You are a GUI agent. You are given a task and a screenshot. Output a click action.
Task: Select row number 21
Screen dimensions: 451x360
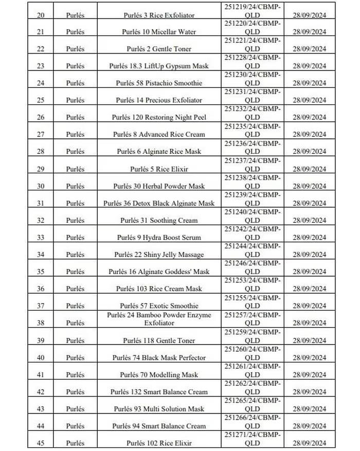[41, 32]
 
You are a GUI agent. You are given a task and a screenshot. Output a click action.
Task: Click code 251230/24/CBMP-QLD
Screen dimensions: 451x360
[252, 79]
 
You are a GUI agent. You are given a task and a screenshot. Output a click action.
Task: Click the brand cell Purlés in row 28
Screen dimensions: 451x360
[75, 152]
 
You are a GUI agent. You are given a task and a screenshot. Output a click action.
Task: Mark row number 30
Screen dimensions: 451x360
[41, 186]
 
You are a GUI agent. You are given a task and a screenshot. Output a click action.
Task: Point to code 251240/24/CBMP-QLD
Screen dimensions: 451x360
[252, 215]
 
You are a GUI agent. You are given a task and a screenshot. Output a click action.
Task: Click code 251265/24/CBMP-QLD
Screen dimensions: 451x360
[252, 404]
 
